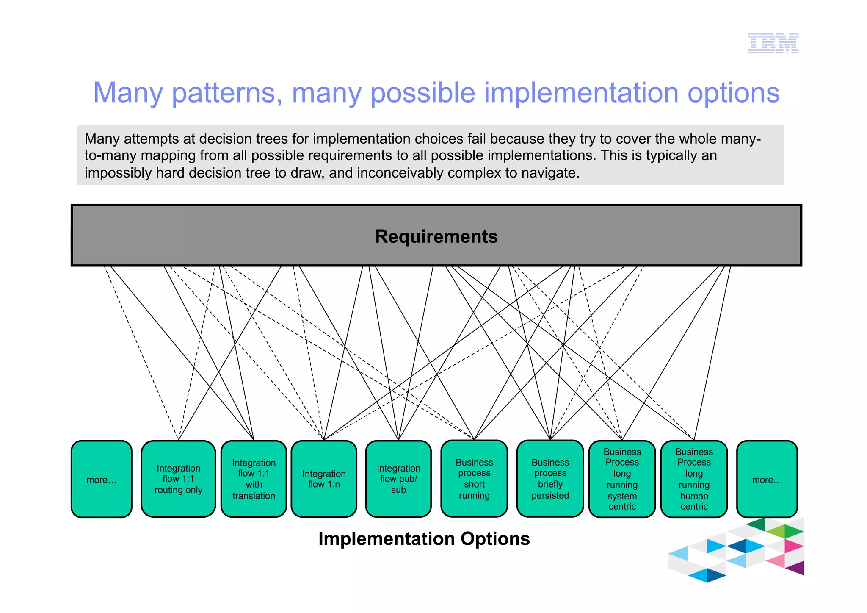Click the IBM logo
point(773,43)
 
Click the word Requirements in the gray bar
point(436,236)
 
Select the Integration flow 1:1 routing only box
point(178,479)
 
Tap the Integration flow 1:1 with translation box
point(254,479)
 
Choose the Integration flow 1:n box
point(324,479)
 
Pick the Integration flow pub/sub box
point(398,479)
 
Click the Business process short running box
point(474,479)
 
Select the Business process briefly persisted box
point(550,479)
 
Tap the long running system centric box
point(622,479)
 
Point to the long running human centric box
point(694,479)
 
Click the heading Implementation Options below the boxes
point(424,539)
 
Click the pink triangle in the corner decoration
point(792,546)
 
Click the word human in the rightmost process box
point(694,496)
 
